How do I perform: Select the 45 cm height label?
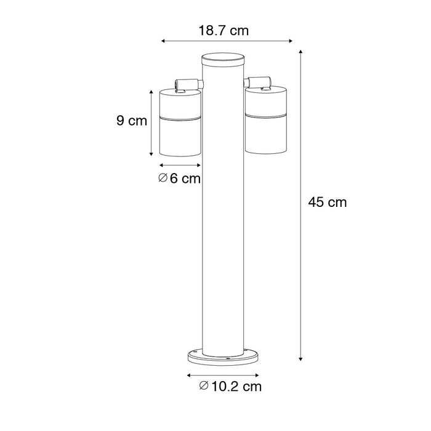click(326, 202)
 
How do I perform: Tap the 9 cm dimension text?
click(132, 121)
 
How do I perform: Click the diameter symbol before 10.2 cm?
click(204, 387)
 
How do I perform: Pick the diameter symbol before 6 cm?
click(163, 179)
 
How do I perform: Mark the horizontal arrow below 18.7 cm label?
click(227, 42)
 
